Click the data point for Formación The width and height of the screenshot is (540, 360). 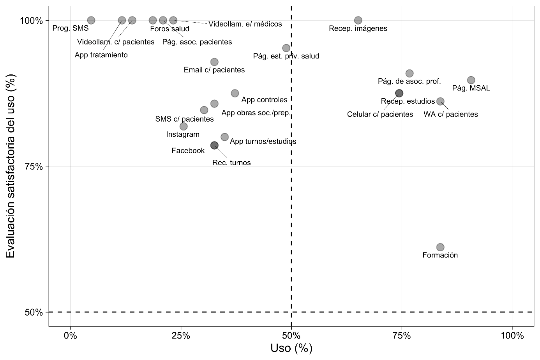pos(440,247)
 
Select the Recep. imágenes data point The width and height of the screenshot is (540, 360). pos(358,20)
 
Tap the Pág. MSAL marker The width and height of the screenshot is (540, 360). pos(471,80)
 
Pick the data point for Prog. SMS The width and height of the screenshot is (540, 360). pos(91,20)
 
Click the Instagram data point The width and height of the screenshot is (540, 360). pos(184,126)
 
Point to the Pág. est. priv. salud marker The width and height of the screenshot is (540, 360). pos(286,48)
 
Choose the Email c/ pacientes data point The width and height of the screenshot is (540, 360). pos(214,62)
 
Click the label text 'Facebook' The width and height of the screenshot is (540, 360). pos(188,151)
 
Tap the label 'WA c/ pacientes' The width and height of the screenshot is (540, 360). pos(450,115)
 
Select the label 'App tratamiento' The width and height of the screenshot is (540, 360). pos(101,55)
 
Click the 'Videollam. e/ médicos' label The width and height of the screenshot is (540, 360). pos(245,24)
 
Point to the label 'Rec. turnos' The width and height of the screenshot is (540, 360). pos(231,163)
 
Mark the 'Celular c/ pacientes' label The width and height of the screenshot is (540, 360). pos(380,115)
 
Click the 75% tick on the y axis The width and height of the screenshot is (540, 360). pos(34,166)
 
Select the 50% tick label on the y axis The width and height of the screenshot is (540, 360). pos(34,312)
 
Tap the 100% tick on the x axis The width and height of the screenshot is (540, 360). pos(512,336)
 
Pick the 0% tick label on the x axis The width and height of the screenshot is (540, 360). pos(71,336)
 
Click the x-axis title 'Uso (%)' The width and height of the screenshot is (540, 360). pos(291,348)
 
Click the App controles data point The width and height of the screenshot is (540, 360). pos(235,93)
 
